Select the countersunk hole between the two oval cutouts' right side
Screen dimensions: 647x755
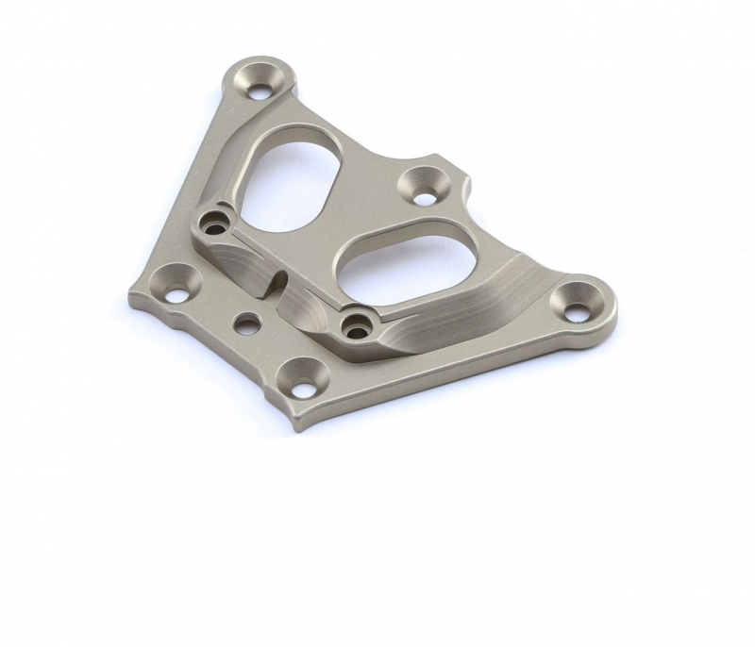424,186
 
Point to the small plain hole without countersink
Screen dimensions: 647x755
246,324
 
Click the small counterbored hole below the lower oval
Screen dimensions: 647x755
356,327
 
